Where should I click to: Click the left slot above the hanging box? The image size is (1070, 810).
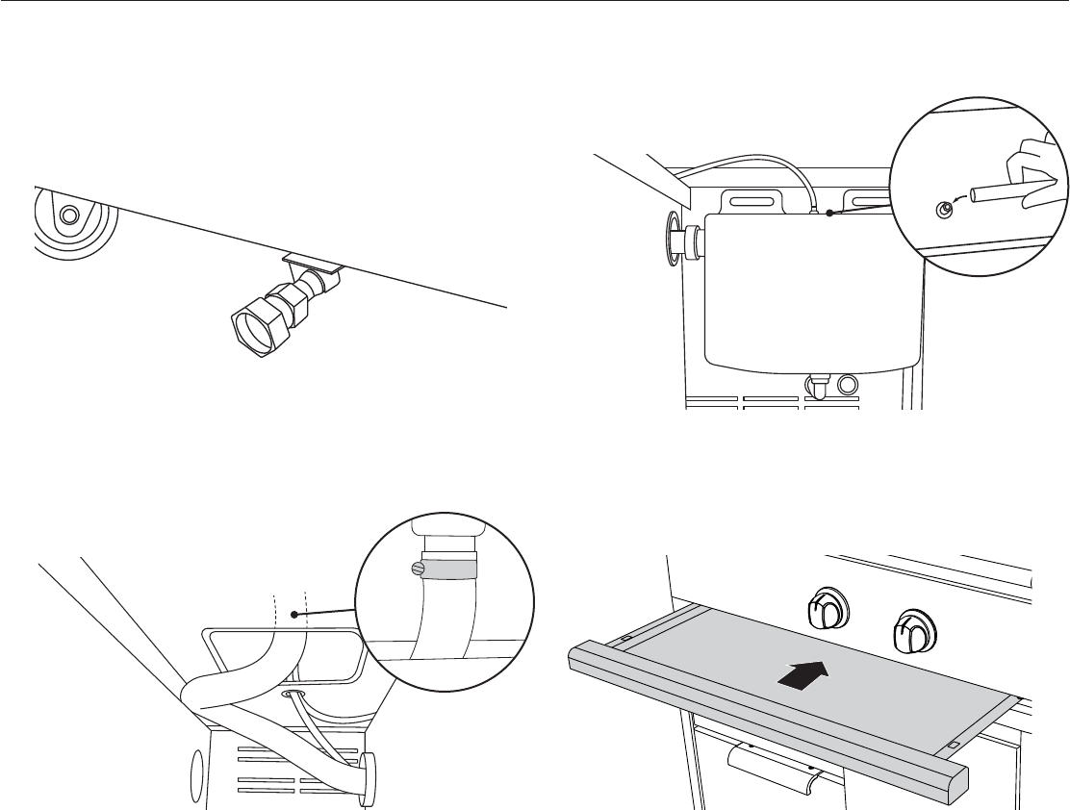coord(753,201)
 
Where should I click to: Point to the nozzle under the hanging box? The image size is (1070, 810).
coord(819,387)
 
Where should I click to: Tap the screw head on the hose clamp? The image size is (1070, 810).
coord(415,568)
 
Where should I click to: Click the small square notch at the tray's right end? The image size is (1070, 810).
coord(954,745)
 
